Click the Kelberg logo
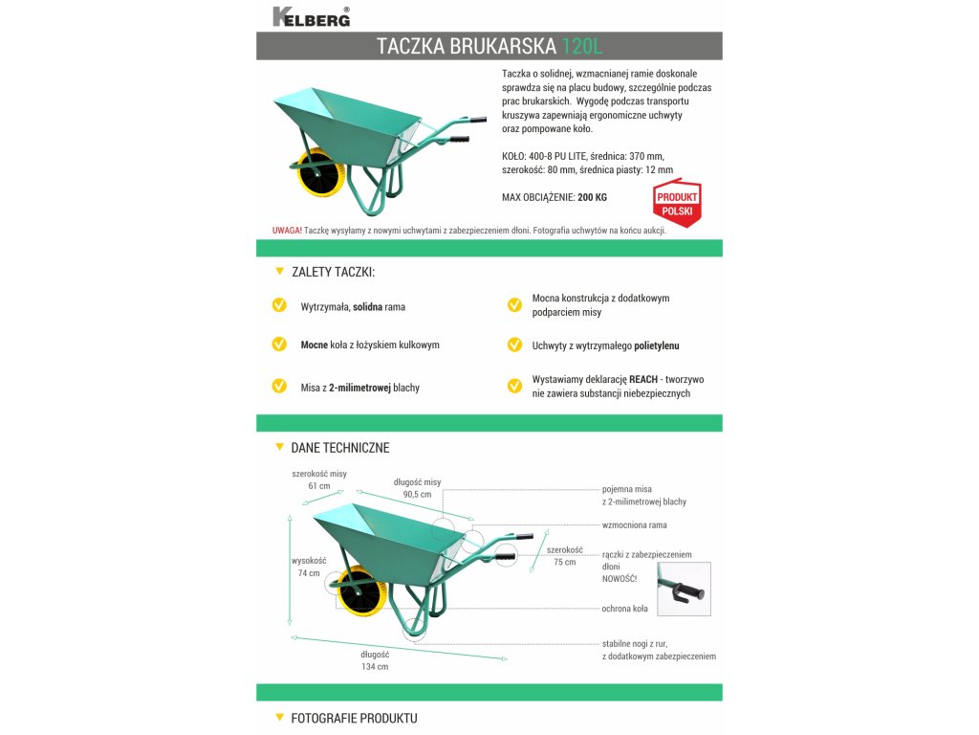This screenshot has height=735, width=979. point(311,16)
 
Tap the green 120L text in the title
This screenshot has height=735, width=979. point(582,46)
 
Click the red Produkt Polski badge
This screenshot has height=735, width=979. point(677,202)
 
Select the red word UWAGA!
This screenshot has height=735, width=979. point(288,231)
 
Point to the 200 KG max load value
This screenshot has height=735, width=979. point(592,198)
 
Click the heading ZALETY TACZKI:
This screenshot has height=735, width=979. point(333,273)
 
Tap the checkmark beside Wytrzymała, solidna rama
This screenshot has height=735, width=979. point(279,305)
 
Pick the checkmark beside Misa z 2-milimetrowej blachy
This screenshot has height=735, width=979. point(279,387)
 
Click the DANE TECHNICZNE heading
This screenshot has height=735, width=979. point(339,448)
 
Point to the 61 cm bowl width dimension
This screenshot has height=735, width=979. point(318,486)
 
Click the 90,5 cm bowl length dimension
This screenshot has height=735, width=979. point(417,495)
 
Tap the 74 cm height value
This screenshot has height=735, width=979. point(309,573)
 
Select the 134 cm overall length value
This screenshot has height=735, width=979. point(375,667)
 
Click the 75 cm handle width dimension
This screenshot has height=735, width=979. point(564,563)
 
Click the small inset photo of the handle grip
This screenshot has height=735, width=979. point(684,589)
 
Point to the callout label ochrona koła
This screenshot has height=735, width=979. point(625,609)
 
